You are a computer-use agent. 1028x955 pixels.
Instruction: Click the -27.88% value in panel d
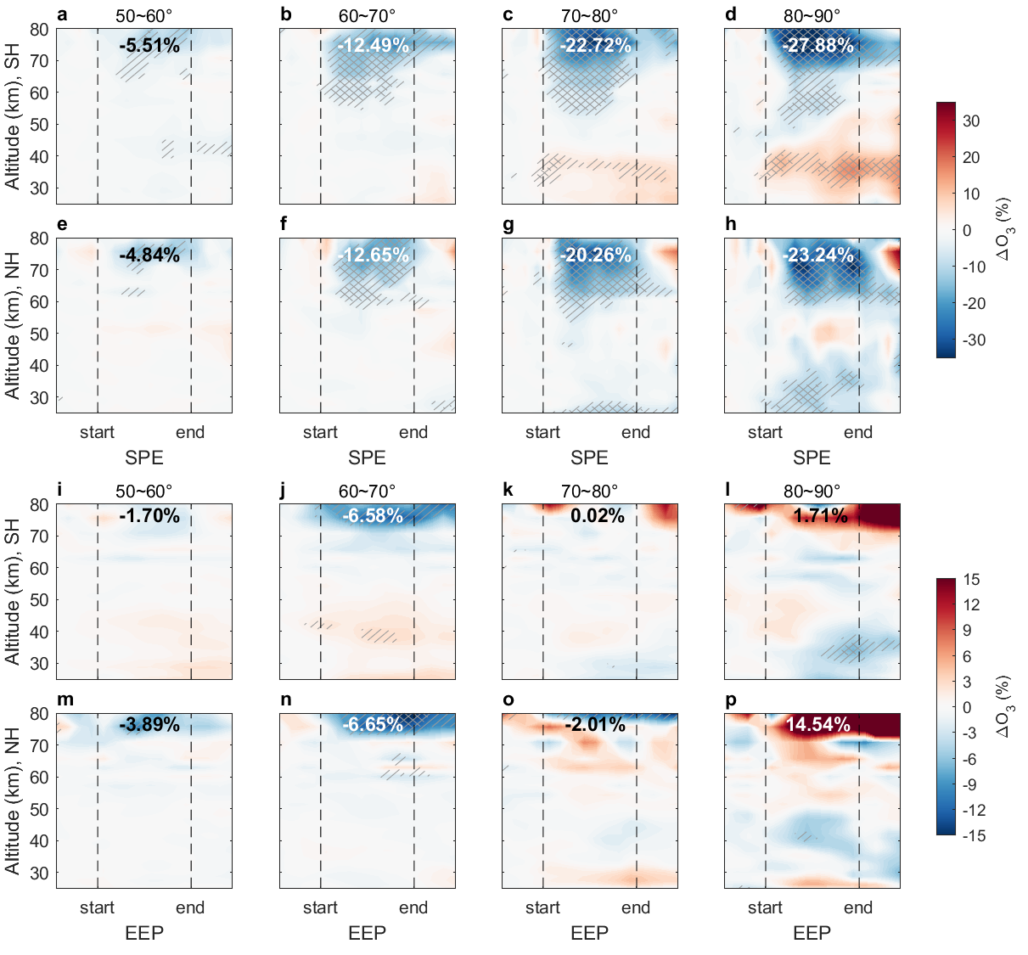coord(817,46)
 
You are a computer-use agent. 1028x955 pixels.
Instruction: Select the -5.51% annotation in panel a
coord(149,46)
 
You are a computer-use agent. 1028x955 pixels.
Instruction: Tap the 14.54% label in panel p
coord(817,724)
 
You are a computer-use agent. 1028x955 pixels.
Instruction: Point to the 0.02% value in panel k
coord(598,515)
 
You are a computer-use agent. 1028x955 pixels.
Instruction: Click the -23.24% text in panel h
coord(817,255)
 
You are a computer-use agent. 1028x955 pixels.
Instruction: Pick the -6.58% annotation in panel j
coord(373,515)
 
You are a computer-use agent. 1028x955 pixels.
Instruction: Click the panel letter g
coord(508,224)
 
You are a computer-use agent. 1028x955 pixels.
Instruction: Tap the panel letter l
coord(727,490)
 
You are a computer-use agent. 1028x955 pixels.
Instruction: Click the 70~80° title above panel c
coord(589,16)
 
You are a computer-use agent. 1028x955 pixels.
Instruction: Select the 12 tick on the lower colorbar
coord(971,605)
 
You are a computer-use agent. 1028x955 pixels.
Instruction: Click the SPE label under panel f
coord(367,458)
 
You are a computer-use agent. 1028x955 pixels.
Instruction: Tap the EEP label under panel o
coord(589,933)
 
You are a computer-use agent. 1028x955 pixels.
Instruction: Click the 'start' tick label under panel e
coord(97,432)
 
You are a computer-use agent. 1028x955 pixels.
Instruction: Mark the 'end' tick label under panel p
coord(858,907)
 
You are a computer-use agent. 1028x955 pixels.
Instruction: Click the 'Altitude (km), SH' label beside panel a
coord(12,116)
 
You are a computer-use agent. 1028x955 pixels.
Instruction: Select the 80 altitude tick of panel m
coord(39,714)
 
